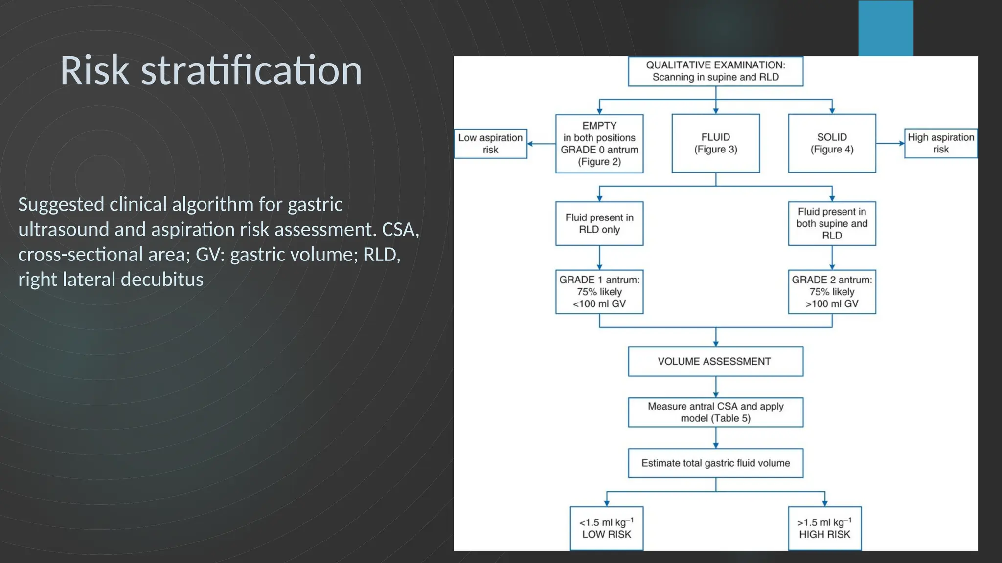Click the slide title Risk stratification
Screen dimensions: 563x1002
point(211,71)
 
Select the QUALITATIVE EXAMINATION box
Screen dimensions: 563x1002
point(715,71)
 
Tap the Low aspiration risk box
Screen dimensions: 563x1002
point(490,144)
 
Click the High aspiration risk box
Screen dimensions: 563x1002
point(940,144)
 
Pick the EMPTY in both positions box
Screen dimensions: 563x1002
point(599,144)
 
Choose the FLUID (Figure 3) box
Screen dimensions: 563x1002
point(715,144)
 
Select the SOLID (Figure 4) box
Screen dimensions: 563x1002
point(832,144)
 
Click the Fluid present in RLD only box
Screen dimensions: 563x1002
point(599,224)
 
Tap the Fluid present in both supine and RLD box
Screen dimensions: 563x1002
point(832,224)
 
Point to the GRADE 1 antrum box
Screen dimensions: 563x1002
point(599,292)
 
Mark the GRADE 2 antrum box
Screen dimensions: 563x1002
point(832,292)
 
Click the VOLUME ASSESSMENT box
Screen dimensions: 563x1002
point(715,362)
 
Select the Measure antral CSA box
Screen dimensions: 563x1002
point(715,412)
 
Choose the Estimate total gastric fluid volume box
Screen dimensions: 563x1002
point(715,463)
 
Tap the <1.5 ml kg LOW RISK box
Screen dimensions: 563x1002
point(606,528)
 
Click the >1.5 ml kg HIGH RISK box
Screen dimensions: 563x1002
point(824,528)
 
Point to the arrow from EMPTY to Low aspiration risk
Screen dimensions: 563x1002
point(541,144)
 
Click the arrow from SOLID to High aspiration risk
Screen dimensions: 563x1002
point(890,144)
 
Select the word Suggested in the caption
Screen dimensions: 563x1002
point(61,205)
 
